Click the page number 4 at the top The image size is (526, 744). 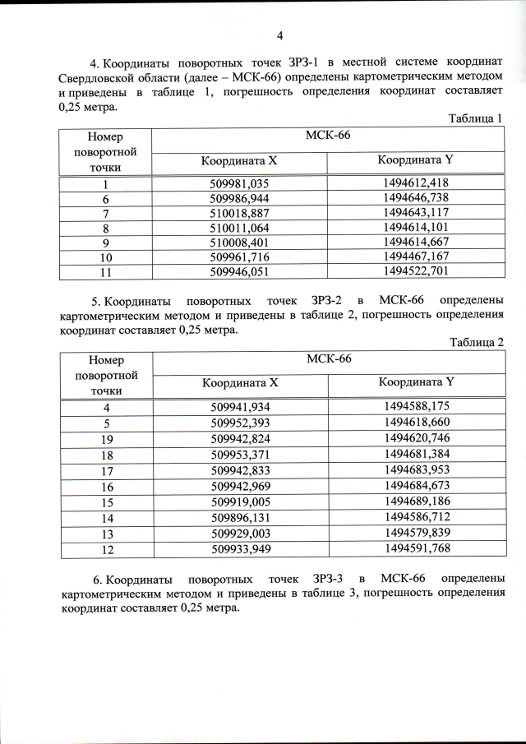click(279, 35)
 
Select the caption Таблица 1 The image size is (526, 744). click(475, 118)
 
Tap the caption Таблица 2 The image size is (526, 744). click(475, 342)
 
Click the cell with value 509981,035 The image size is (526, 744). click(240, 183)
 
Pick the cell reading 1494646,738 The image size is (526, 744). click(416, 197)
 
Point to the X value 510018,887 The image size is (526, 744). click(240, 212)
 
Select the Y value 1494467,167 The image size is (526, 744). click(416, 256)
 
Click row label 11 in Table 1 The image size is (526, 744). click(105, 270)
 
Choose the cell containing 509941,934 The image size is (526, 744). click(240, 407)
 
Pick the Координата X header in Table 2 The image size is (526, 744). click(241, 382)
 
